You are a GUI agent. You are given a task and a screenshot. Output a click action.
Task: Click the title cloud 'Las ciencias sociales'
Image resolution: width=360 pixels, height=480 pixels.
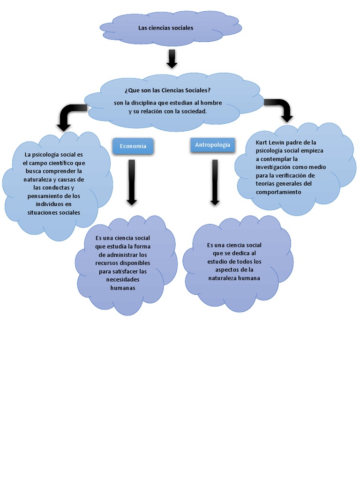[x=165, y=28]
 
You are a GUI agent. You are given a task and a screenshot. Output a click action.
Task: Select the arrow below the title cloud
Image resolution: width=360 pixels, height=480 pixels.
[x=172, y=58]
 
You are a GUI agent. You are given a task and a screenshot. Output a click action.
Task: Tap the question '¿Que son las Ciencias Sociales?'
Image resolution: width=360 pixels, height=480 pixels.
[x=167, y=90]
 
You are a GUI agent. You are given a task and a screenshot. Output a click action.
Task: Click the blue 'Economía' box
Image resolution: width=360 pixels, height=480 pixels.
[x=133, y=146]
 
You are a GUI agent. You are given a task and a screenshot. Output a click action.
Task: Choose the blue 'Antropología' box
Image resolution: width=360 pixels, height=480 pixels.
[x=212, y=145]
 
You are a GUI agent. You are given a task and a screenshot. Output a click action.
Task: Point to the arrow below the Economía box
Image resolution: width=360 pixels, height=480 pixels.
[x=132, y=182]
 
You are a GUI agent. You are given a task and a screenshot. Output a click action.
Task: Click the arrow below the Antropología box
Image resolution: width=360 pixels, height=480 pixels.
[x=215, y=182]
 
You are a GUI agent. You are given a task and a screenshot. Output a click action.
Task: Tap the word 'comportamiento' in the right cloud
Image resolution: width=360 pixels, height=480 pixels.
[x=278, y=192]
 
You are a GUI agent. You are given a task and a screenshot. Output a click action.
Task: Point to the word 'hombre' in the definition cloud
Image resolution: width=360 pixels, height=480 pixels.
[x=212, y=103]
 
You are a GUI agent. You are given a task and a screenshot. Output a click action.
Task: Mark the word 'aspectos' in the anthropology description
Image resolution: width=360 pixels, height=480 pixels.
[x=227, y=270]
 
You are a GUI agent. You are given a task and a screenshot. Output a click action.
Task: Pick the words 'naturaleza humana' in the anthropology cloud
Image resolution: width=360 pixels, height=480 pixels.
[x=234, y=278]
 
